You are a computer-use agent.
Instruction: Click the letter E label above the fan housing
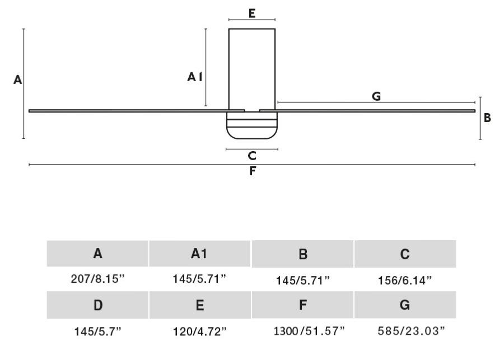252,13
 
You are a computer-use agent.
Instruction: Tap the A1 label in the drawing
194,78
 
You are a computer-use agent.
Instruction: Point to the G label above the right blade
376,96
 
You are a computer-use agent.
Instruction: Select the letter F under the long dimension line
252,172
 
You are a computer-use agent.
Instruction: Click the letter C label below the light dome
252,156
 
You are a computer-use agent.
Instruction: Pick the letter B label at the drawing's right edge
487,118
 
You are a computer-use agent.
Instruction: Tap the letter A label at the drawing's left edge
18,80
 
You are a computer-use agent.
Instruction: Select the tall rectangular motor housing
252,67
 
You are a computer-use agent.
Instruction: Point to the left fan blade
129,110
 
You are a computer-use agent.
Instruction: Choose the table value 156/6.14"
405,280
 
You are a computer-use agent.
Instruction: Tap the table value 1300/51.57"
302,331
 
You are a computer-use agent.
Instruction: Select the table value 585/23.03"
405,331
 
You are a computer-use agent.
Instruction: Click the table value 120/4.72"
200,331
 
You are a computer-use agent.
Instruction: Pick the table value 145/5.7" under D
97,331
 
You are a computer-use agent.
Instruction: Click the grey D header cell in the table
97,305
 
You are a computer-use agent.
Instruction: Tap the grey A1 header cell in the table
200,254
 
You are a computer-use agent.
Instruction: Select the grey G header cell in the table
405,305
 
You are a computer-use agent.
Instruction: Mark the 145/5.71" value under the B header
302,280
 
